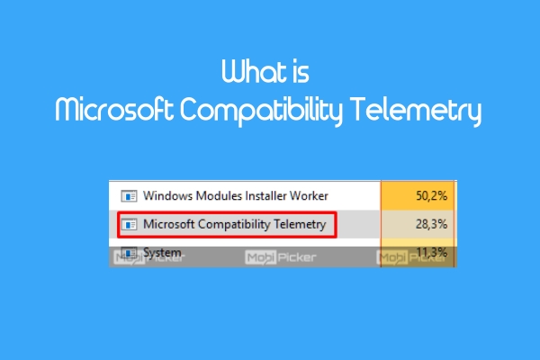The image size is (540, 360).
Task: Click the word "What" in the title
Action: (254, 71)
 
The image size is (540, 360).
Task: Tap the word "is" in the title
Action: (301, 72)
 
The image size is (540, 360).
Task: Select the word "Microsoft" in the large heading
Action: (114, 109)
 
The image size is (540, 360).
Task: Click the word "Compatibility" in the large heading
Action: (261, 111)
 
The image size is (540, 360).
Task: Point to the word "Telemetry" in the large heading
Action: (416, 111)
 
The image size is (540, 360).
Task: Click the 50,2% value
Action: (431, 195)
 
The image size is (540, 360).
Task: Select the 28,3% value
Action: (431, 224)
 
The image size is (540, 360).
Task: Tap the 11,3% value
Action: (431, 253)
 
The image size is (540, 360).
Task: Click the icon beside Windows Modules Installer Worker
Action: (129, 196)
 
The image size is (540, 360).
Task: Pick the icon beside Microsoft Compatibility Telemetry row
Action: (129, 225)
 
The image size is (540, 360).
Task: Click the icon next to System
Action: (129, 253)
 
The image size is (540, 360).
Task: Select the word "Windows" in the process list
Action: (168, 195)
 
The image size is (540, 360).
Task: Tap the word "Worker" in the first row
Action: (309, 195)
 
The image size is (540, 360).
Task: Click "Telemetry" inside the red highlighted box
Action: (300, 224)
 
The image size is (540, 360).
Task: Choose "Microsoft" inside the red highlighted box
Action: (169, 224)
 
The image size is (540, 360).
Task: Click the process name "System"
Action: (162, 253)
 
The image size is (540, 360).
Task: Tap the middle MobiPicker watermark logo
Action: (280, 257)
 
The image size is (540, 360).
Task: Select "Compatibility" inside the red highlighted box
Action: (234, 224)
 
